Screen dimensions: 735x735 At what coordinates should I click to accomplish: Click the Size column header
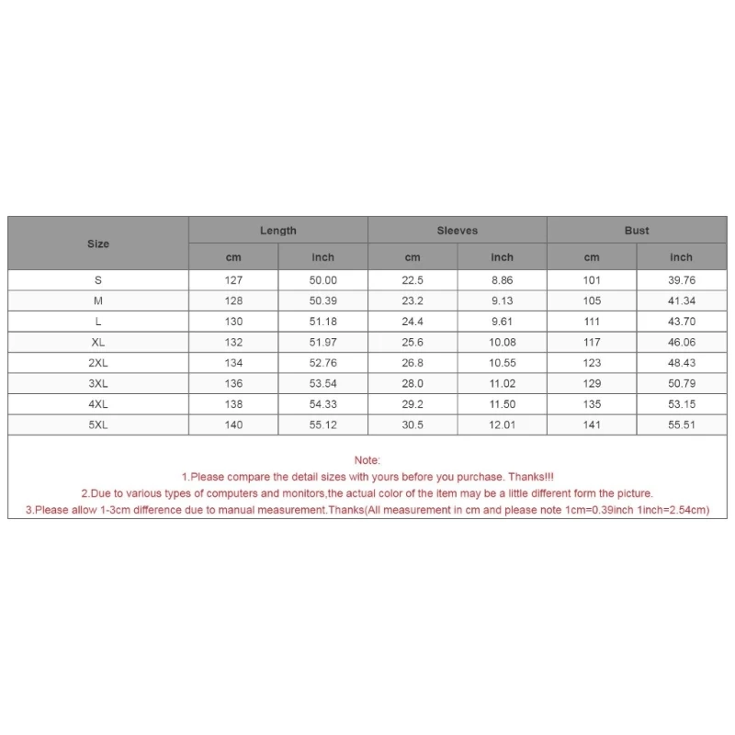pyautogui.click(x=98, y=243)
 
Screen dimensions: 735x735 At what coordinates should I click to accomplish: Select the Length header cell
pyautogui.click(x=277, y=231)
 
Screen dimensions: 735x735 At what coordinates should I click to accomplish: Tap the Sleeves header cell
pyautogui.click(x=457, y=231)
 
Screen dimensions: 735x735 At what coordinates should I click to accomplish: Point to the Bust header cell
pyautogui.click(x=637, y=231)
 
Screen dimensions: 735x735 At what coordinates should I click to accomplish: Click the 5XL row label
pyautogui.click(x=98, y=424)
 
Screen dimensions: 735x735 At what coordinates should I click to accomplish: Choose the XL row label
pyautogui.click(x=98, y=342)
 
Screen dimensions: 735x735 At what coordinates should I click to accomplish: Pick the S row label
pyautogui.click(x=98, y=280)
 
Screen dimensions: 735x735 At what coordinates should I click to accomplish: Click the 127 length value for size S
pyautogui.click(x=233, y=280)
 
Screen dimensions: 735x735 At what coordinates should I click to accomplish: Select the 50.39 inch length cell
pyautogui.click(x=322, y=300)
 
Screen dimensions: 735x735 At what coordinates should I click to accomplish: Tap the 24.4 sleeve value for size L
pyautogui.click(x=413, y=322)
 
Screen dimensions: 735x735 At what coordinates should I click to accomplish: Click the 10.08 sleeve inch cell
pyautogui.click(x=502, y=342)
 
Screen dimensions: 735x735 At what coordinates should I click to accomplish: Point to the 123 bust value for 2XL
pyautogui.click(x=592, y=363)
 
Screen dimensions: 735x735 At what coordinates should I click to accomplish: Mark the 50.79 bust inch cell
pyautogui.click(x=681, y=383)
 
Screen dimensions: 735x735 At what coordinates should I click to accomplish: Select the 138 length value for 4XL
pyautogui.click(x=233, y=404)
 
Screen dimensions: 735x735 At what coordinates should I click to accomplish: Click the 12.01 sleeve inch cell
pyautogui.click(x=502, y=424)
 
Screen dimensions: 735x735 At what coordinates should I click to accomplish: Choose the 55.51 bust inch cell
pyautogui.click(x=681, y=424)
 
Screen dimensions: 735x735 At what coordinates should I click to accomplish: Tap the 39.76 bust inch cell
pyautogui.click(x=681, y=280)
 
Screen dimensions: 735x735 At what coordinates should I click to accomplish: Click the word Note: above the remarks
pyautogui.click(x=367, y=459)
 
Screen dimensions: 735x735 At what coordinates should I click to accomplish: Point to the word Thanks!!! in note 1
pyautogui.click(x=532, y=477)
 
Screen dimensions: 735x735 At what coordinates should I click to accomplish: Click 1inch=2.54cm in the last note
pyautogui.click(x=670, y=510)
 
